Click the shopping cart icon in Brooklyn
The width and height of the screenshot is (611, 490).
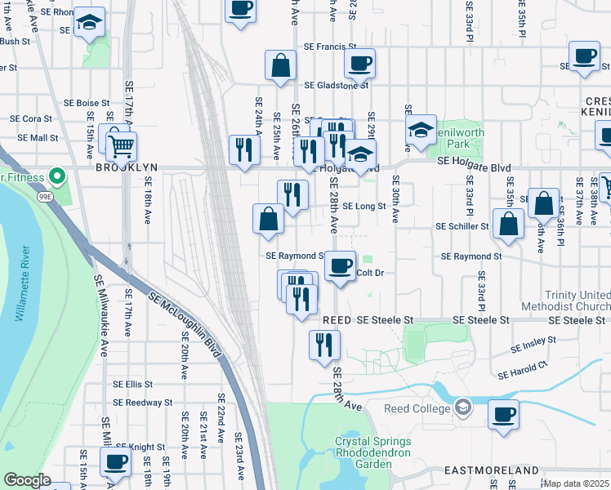tap(121, 147)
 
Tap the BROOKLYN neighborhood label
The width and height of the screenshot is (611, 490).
tap(126, 167)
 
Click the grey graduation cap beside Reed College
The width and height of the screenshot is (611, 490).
tap(463, 406)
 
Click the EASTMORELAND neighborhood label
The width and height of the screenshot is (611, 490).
tap(492, 471)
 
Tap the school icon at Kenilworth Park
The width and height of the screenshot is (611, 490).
tap(420, 130)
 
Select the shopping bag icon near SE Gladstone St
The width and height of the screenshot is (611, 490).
tap(280, 67)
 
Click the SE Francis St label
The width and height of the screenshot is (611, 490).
tap(330, 48)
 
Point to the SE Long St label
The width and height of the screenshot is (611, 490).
tap(363, 207)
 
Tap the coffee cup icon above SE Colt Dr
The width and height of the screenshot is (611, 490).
tap(341, 265)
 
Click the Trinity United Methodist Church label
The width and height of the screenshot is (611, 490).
tap(577, 301)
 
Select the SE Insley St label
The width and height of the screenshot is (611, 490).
tap(533, 344)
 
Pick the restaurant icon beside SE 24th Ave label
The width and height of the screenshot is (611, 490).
tap(244, 150)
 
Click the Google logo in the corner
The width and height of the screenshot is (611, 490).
tap(27, 480)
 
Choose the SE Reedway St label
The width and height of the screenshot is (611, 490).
tap(142, 402)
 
